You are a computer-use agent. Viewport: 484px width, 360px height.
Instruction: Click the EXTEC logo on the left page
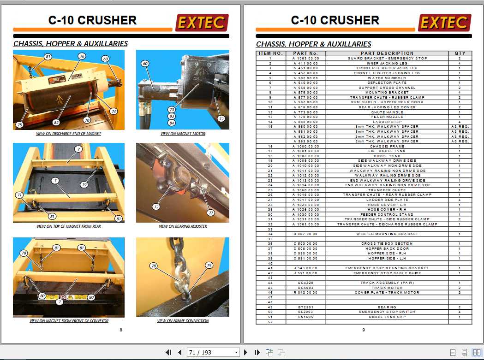point(201,23)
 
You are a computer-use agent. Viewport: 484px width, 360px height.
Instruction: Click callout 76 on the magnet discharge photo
point(82,56)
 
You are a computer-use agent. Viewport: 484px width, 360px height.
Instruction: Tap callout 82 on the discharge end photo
point(56,123)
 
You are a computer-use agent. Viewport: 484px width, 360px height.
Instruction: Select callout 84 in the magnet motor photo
point(172,123)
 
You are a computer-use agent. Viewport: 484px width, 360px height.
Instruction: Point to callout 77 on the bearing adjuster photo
point(211,213)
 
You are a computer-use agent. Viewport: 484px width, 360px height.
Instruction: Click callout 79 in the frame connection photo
point(209,266)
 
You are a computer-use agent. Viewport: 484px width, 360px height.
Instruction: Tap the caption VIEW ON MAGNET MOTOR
point(183,134)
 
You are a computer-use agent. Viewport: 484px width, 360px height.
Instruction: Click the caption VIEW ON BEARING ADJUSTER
point(183,226)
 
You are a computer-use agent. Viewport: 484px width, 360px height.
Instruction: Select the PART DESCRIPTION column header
point(387,53)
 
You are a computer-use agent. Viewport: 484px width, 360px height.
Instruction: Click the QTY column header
point(460,53)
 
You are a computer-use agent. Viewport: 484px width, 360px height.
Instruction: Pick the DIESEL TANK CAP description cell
point(387,317)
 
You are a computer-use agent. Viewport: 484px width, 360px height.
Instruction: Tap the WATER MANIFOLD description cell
point(387,78)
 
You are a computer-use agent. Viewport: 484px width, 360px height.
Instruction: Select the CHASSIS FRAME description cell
point(387,146)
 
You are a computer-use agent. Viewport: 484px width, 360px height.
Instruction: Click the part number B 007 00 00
point(305,234)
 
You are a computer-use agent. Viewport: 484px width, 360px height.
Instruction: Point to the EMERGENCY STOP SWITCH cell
point(387,312)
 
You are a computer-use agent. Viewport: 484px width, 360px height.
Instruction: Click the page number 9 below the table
point(364,330)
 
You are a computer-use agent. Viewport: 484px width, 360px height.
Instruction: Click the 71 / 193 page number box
point(213,352)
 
